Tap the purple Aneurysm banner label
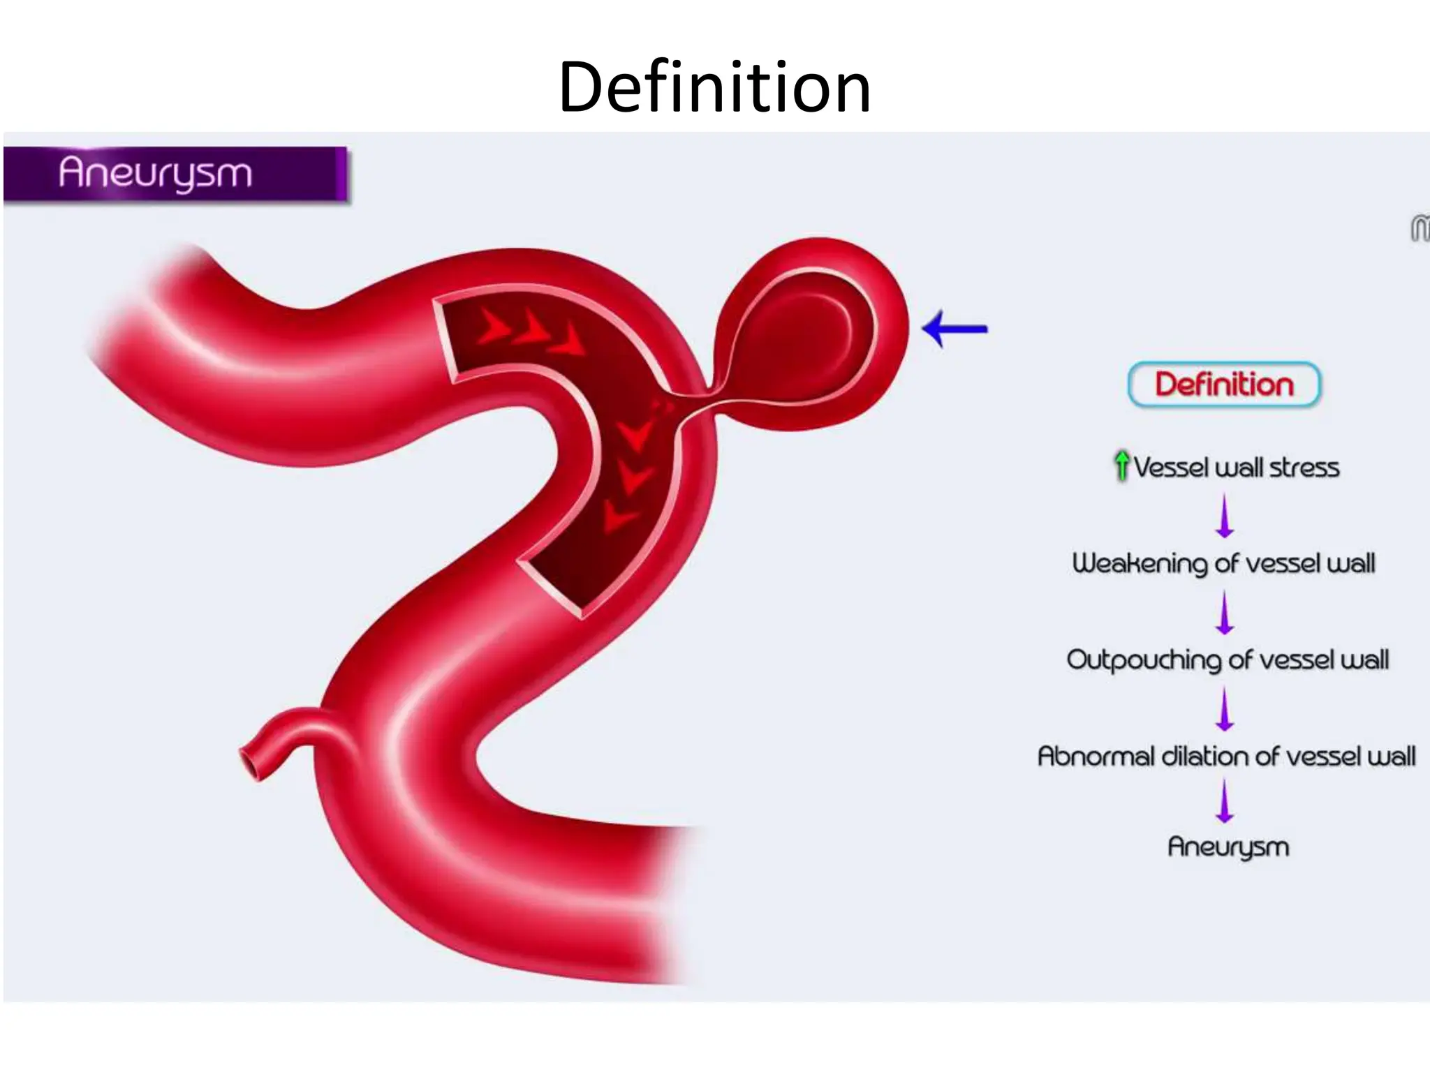(155, 172)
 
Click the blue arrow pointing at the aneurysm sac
(954, 329)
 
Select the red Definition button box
(1224, 385)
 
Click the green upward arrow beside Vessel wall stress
(1121, 466)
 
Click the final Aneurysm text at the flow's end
(1228, 847)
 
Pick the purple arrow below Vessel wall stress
(1225, 516)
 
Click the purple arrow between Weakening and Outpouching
(1225, 612)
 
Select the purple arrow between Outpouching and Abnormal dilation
(1225, 708)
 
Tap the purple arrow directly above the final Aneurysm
(1225, 801)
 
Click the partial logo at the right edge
(1420, 229)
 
